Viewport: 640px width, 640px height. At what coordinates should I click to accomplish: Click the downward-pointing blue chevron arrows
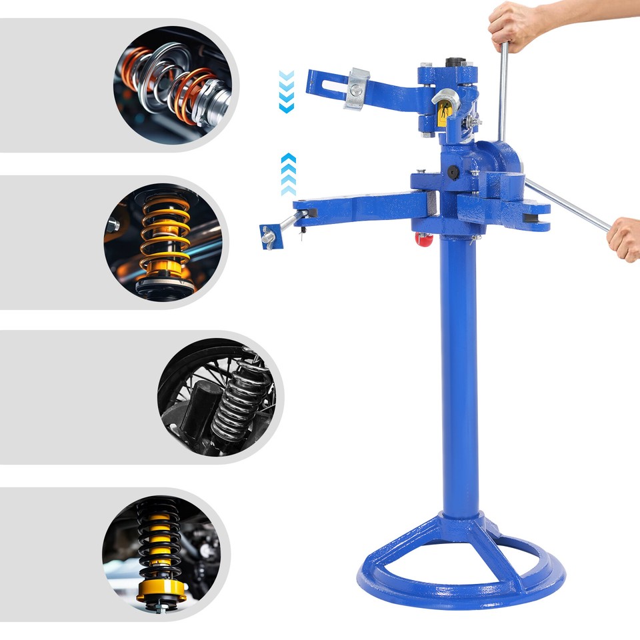[x=286, y=91]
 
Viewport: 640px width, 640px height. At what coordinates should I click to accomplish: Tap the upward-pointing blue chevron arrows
[x=288, y=174]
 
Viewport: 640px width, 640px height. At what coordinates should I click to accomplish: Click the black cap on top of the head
[x=455, y=63]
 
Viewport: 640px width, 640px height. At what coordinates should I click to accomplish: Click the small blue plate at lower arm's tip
[x=267, y=235]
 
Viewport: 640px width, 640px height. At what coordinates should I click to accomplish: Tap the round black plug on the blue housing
[x=453, y=172]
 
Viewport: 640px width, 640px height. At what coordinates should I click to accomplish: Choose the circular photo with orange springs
[x=175, y=84]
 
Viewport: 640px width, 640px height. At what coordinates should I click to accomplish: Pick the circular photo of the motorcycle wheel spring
[x=216, y=399]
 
